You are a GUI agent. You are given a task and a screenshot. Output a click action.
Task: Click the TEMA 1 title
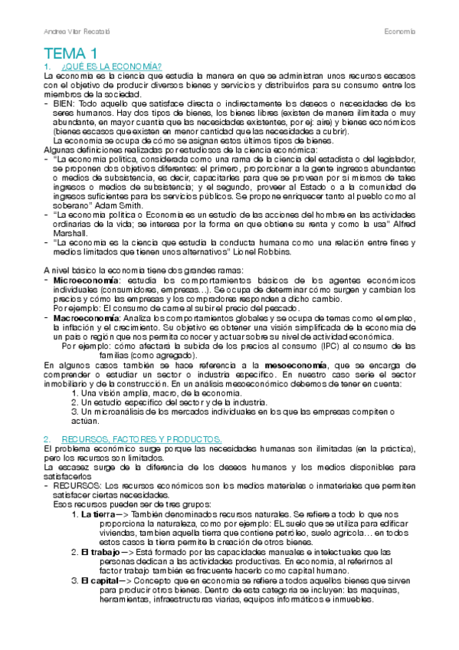[70, 54]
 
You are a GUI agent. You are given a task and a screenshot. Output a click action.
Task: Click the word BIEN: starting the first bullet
[64, 103]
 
